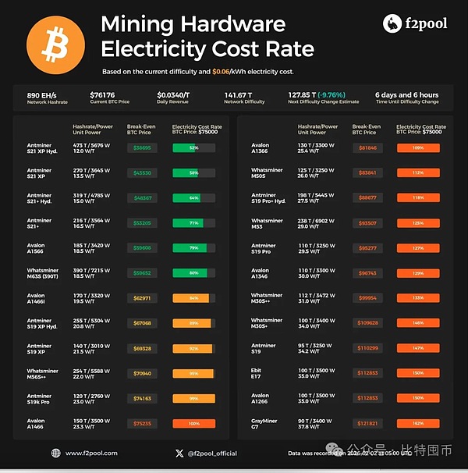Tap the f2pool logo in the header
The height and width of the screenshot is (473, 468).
tap(415, 23)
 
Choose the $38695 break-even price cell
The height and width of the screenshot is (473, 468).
tap(143, 147)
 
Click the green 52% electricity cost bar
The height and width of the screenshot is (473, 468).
tap(193, 147)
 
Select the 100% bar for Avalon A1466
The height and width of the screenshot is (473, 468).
tap(193, 424)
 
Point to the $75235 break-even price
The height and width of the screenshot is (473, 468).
tap(143, 424)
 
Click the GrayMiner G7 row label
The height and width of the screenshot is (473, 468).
tap(265, 424)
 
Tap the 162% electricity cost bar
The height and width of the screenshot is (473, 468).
tap(418, 424)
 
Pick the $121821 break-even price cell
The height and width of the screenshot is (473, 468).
tap(367, 424)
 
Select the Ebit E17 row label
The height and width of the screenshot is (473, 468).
tap(259, 373)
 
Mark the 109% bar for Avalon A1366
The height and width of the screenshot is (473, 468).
tap(418, 147)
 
